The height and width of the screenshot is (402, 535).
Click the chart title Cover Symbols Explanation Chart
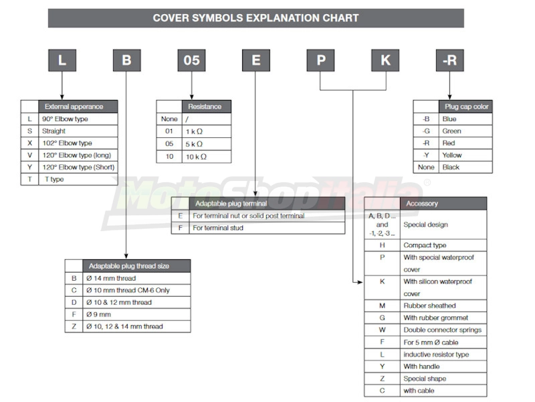[x=255, y=18]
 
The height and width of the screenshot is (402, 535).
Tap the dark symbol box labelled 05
[x=191, y=60]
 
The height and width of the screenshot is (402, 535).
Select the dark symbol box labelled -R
[x=449, y=60]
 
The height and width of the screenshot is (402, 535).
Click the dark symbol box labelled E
[x=256, y=60]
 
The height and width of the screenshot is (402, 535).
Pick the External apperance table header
[x=78, y=107]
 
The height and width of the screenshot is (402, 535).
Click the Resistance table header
[x=207, y=107]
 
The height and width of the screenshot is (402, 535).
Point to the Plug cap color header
[x=465, y=107]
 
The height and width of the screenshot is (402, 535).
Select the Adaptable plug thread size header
[x=136, y=266]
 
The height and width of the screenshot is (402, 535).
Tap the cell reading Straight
[x=78, y=131]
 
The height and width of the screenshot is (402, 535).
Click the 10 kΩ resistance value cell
[x=207, y=157]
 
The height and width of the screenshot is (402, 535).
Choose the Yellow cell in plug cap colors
[x=465, y=155]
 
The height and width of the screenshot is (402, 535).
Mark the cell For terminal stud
[x=267, y=228]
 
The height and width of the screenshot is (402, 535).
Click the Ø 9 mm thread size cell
[x=136, y=314]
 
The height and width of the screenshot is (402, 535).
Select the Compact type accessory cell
[x=443, y=245]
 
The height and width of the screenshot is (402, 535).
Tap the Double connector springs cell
[x=443, y=330]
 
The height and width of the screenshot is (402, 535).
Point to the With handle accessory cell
[x=443, y=366]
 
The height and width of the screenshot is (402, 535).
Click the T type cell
[x=78, y=179]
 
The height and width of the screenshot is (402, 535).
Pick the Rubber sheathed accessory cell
[x=443, y=306]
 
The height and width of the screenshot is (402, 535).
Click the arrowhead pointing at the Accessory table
[x=360, y=282]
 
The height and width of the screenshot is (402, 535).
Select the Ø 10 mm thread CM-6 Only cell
[x=136, y=290]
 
